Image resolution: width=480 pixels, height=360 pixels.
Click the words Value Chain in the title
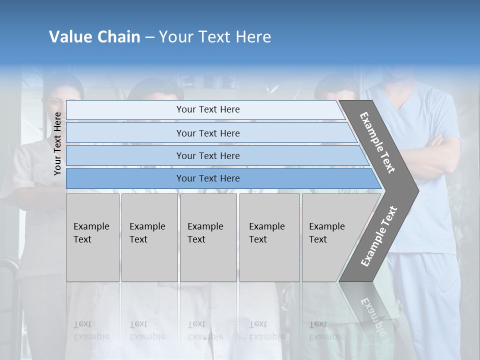click(94, 37)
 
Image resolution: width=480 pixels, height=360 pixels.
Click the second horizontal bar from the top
click(207, 133)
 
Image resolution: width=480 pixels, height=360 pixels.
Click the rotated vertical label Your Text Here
click(58, 143)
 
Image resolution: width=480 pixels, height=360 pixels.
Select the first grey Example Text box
click(92, 237)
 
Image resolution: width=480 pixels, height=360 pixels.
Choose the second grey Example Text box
click(149, 237)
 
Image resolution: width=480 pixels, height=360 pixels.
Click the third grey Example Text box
click(208, 237)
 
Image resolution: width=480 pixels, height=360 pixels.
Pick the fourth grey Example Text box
click(269, 237)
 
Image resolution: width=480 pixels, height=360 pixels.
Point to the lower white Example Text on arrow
click(378, 236)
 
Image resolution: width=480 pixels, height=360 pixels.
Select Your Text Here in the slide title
click(215, 37)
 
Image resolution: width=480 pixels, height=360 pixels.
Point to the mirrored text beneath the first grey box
click(91, 330)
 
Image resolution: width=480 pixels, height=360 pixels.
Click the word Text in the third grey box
click(196, 239)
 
